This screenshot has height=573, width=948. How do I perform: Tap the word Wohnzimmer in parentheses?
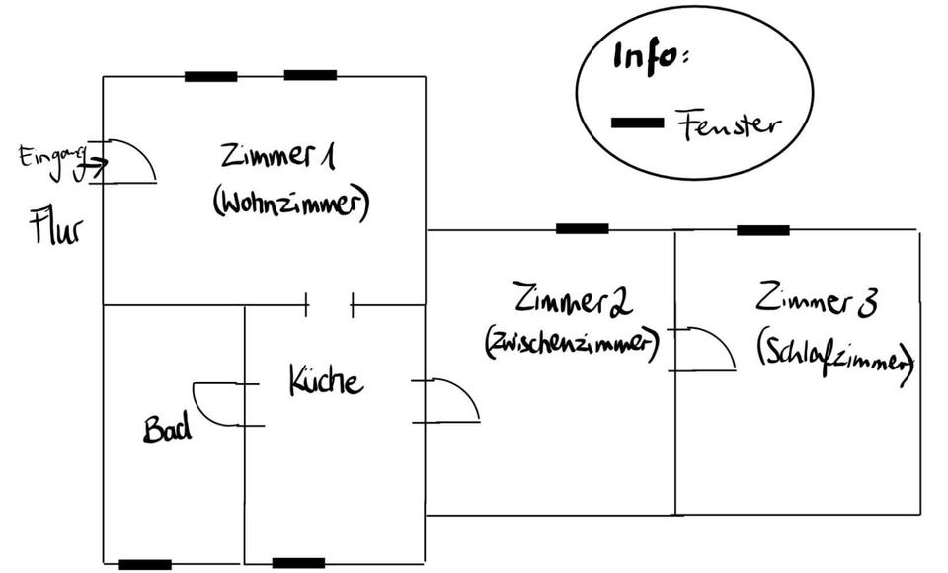click(x=290, y=204)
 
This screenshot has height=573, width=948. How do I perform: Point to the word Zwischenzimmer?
click(x=571, y=344)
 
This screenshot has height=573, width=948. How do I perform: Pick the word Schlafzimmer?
click(x=835, y=353)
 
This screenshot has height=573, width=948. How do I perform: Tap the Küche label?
click(x=326, y=380)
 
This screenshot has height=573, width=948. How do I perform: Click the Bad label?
click(x=167, y=429)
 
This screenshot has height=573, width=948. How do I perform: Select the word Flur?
click(x=56, y=228)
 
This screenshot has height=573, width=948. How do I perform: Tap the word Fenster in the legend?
click(x=729, y=125)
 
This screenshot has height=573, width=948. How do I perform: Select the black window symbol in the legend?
click(x=637, y=122)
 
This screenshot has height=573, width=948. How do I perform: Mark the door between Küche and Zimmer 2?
click(x=448, y=400)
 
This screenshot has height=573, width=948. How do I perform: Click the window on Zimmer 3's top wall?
click(x=762, y=230)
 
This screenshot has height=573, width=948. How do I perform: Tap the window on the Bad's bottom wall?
click(x=145, y=565)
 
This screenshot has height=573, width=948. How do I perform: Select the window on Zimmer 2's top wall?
click(x=582, y=229)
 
